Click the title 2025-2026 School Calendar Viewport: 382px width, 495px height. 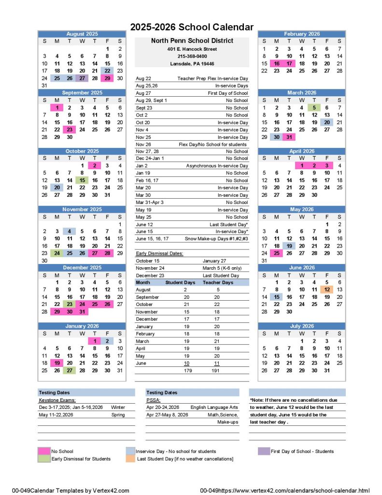(x=192, y=27)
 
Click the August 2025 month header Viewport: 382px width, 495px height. (x=82, y=34)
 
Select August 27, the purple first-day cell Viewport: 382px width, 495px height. (x=82, y=78)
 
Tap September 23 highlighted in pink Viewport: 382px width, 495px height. (x=70, y=130)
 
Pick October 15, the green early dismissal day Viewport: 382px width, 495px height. (x=82, y=180)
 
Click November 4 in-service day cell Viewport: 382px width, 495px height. (x=70, y=232)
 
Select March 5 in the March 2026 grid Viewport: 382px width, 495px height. (x=314, y=107)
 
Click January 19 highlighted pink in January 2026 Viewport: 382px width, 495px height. (x=57, y=363)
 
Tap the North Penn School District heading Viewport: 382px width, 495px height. (x=192, y=41)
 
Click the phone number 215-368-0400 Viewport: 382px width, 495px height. (x=192, y=57)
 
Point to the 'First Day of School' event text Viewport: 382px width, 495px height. (x=227, y=93)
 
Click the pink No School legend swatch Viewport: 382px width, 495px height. (x=44, y=451)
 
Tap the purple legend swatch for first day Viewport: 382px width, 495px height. (x=264, y=451)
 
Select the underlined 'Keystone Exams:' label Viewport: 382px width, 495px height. (x=57, y=400)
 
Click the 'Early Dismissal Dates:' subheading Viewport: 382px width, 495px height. (x=159, y=253)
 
